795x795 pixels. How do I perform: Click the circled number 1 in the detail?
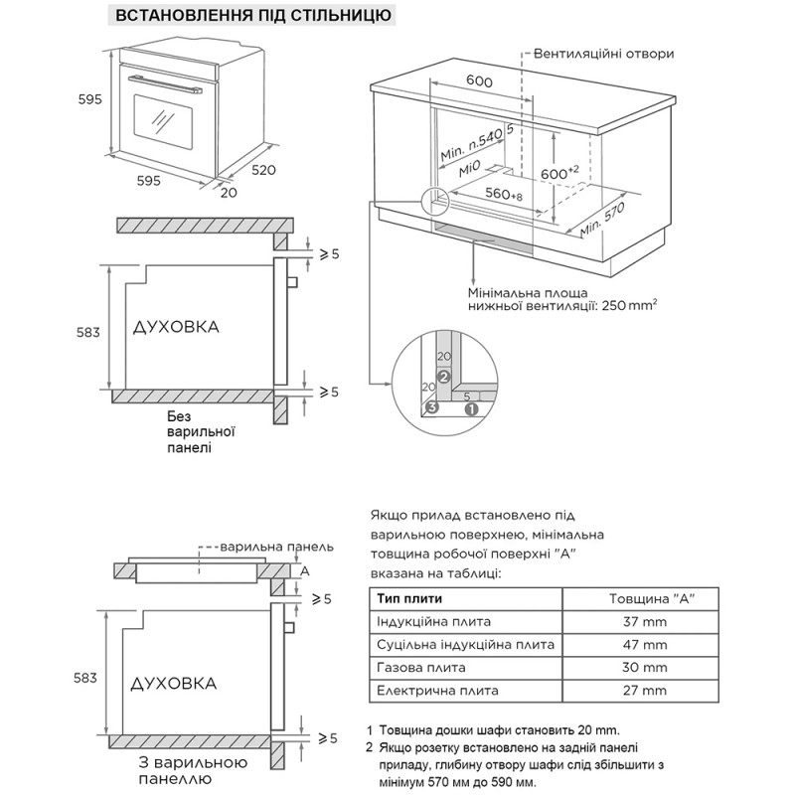point(472,407)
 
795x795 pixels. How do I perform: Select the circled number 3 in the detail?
point(431,407)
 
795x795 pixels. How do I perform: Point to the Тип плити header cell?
point(410,598)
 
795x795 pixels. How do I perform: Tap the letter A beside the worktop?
point(306,571)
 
